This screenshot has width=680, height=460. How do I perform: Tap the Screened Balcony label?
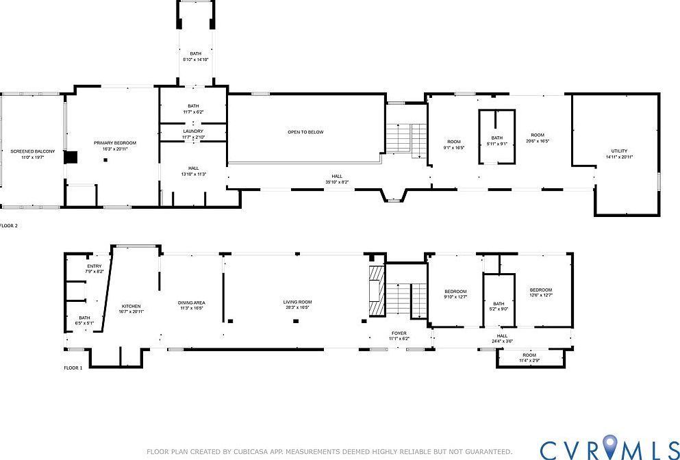click(x=27, y=151)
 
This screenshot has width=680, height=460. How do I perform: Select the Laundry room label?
click(x=193, y=131)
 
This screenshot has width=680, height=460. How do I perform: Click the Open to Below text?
click(x=305, y=132)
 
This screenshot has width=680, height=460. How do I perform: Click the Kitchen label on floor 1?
click(x=131, y=306)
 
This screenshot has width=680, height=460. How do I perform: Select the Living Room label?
click(x=297, y=302)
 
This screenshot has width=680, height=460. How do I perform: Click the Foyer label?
click(x=399, y=333)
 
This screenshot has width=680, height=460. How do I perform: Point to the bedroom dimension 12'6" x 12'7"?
click(x=540, y=296)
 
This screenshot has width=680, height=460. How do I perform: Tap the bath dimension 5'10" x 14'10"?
click(x=195, y=60)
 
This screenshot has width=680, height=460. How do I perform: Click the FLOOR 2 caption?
click(x=8, y=225)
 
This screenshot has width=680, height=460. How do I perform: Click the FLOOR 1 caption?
click(x=73, y=368)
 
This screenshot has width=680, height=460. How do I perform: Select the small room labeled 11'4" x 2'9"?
click(x=529, y=357)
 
